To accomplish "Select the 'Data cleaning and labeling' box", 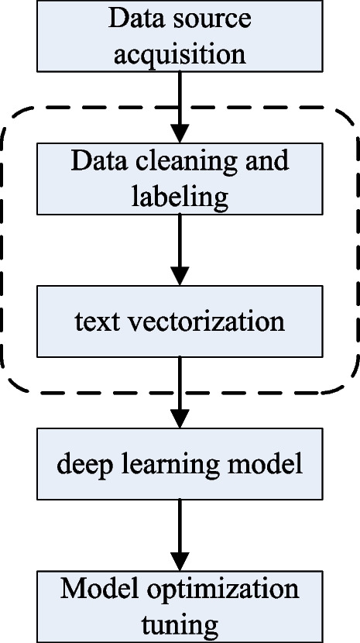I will (180, 178).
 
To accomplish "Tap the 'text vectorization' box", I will (180, 320).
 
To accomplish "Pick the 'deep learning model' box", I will (180, 464).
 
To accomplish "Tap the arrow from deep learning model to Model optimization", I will (180, 535).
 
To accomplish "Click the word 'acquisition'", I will (180, 55).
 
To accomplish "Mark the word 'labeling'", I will (180, 198).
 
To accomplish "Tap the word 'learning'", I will (159, 465).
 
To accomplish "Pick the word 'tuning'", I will (180, 624).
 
